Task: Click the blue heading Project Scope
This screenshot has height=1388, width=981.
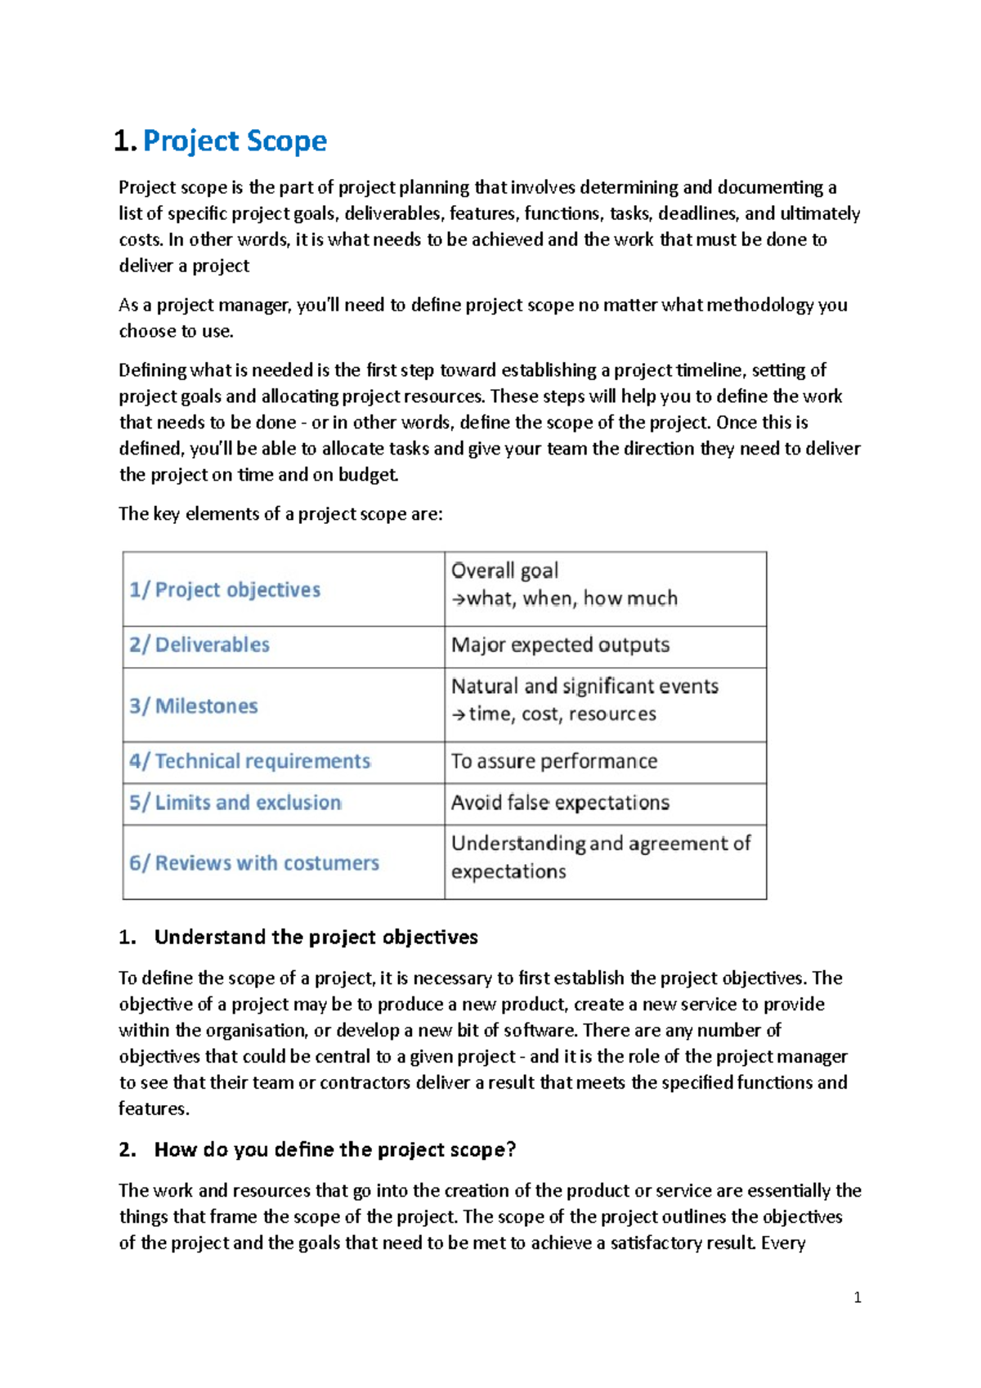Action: click(x=235, y=141)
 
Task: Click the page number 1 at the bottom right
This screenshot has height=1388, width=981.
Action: click(x=857, y=1297)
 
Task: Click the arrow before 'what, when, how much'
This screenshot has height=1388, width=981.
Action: click(x=459, y=599)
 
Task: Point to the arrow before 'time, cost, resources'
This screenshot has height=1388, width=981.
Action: click(x=459, y=715)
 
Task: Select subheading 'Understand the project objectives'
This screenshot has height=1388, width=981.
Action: click(x=316, y=937)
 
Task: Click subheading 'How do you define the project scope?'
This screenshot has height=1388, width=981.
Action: click(x=335, y=1149)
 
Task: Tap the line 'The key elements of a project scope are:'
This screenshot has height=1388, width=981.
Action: click(x=280, y=514)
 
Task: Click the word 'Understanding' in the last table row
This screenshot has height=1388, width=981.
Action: click(x=517, y=844)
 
